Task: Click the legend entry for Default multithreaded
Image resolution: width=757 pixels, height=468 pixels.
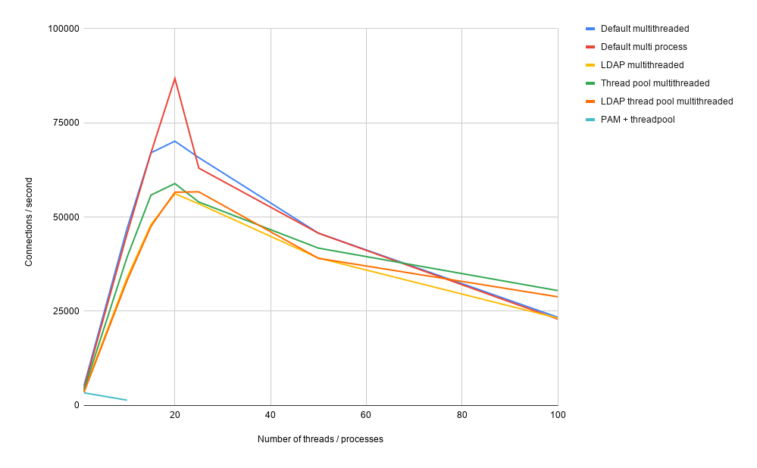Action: point(644,29)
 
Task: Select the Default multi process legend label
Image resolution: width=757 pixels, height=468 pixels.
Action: point(643,47)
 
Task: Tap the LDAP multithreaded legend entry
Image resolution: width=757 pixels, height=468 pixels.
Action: point(642,65)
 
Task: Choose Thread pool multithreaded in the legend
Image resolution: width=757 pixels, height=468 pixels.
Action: point(655,83)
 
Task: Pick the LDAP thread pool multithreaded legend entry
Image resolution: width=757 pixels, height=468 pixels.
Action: point(666,101)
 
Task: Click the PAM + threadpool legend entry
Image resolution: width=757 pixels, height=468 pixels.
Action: point(637,120)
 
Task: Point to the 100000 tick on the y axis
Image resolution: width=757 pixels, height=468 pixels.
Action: point(64,29)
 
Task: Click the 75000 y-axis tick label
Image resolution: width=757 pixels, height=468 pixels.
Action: point(66,123)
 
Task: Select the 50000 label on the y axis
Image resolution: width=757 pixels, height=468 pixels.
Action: point(66,217)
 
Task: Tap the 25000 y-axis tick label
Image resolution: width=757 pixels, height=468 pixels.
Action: point(66,311)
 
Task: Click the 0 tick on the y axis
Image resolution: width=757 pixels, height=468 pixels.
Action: point(77,405)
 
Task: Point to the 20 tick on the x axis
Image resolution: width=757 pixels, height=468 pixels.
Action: point(175,415)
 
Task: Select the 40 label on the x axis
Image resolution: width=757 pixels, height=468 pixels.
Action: point(271,415)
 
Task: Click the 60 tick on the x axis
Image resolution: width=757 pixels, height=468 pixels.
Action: point(366,415)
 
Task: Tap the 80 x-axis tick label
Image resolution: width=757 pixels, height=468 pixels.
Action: point(461,415)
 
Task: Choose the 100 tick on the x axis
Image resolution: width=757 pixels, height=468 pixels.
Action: point(558,415)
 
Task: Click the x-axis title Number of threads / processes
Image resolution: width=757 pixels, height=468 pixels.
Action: point(320,439)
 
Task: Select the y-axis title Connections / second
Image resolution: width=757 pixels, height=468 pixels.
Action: point(29,222)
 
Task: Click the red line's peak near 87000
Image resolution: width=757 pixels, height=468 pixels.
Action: point(175,78)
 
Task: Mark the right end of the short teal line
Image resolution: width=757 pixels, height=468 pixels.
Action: point(127,400)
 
